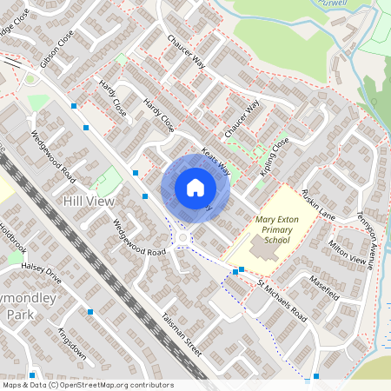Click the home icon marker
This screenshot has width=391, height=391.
coord(195,187)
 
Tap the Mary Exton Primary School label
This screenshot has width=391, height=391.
coord(277,230)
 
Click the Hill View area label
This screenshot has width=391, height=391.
coord(88,201)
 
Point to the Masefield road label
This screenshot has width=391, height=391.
coord(327,288)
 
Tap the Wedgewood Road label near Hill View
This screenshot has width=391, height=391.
coord(53,156)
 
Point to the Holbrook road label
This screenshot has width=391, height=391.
coord(14,233)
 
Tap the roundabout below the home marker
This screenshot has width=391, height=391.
coord(182,238)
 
